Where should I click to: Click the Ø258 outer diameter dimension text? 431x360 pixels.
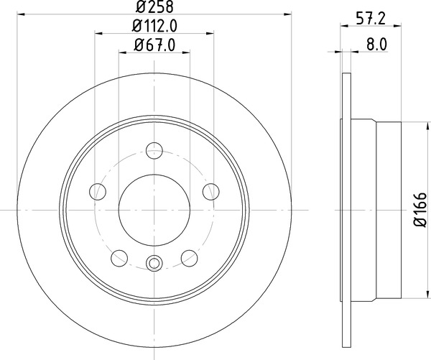[154, 8]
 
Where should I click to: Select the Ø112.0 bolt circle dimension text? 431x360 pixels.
[154, 27]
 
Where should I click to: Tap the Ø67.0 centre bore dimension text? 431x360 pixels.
[154, 46]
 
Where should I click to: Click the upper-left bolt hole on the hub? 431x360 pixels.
[97, 191]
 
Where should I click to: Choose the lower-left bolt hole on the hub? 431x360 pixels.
[119, 257]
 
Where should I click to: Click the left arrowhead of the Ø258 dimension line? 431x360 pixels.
[20, 14]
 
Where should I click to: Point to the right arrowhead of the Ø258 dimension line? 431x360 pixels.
[287, 14]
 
